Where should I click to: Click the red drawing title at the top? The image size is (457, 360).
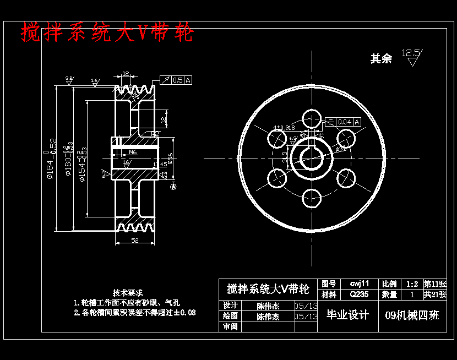(108, 33)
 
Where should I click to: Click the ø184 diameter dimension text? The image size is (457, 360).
(50, 159)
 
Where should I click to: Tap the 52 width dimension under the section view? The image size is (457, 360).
(135, 240)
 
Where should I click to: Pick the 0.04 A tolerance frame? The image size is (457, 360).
(349, 122)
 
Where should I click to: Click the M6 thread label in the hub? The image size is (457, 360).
(133, 152)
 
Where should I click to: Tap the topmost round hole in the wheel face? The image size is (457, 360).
(312, 117)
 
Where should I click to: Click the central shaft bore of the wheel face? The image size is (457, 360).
(312, 157)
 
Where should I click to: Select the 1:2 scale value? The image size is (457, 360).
(411, 284)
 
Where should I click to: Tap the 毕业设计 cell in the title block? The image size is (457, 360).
(348, 315)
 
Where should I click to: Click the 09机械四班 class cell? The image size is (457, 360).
(412, 315)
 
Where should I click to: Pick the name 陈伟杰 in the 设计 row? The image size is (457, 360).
(268, 306)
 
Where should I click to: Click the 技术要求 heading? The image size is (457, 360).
(128, 292)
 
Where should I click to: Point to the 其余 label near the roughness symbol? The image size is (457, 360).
(381, 59)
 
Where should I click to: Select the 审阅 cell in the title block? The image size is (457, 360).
(230, 326)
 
